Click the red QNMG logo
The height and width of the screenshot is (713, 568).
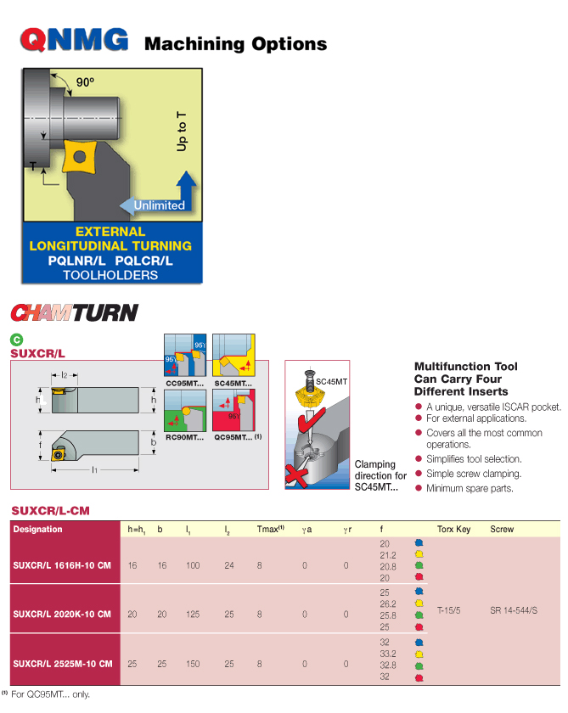coord(75,40)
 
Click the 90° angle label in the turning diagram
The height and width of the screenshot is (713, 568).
coord(85,82)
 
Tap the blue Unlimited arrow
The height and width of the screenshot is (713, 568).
coord(158,205)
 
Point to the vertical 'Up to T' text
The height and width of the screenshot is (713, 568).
coord(181,132)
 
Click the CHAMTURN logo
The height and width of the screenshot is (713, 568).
coord(74,312)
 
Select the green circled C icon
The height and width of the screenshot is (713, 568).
coord(16,340)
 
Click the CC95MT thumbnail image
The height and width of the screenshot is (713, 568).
coord(183,356)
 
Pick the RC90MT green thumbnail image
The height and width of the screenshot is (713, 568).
coord(183,412)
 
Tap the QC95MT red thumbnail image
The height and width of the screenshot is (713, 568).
coord(233,412)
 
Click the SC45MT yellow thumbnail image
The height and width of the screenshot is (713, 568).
coord(233,356)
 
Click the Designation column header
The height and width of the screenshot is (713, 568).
coord(38,529)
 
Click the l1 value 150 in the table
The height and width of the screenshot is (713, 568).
coord(193,664)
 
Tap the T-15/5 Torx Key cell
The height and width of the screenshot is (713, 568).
coord(451,609)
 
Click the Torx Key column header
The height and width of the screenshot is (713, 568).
coord(453,530)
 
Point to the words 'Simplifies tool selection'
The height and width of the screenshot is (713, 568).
coord(474,459)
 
